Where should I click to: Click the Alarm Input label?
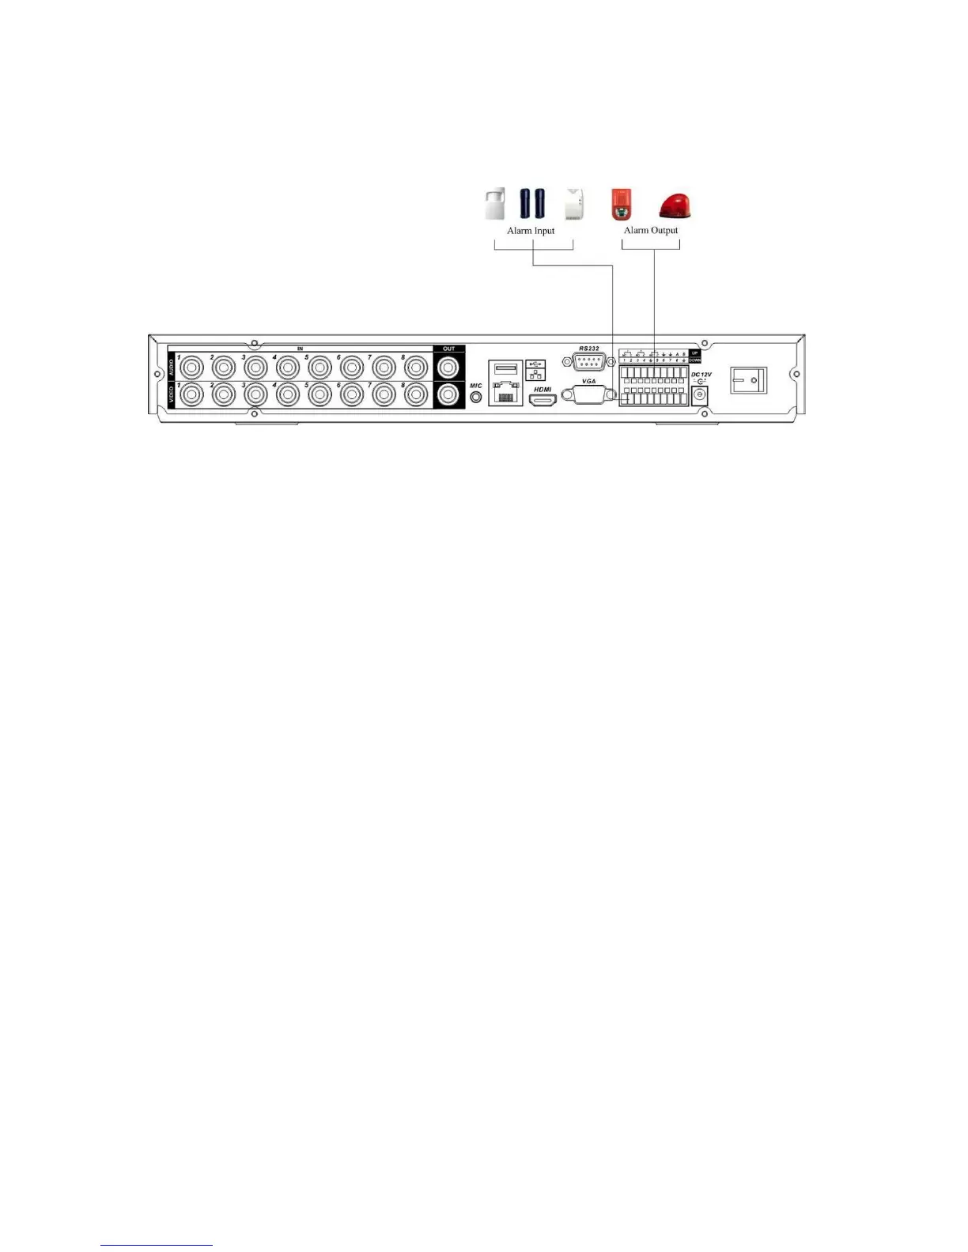[531, 231]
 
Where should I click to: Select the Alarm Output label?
[651, 231]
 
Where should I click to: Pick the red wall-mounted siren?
[621, 204]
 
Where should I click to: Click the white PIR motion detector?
[495, 204]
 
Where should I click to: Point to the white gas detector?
[574, 205]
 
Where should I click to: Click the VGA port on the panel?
[588, 394]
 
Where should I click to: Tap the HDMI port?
[543, 400]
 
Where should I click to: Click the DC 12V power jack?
[699, 396]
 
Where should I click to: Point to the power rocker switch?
[748, 382]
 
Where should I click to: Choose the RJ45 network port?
[505, 393]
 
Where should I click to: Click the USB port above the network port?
[505, 368]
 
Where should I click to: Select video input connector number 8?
[416, 394]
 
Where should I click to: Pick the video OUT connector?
[448, 394]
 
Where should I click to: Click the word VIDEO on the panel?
[172, 394]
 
